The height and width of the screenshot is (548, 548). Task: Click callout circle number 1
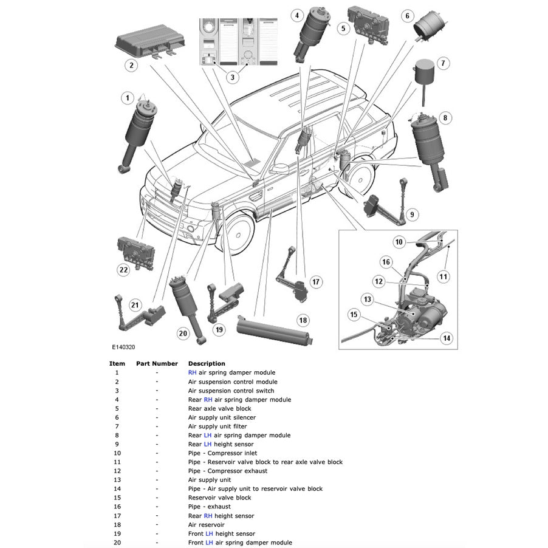(127, 98)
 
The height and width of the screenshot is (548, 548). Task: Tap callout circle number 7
(443, 63)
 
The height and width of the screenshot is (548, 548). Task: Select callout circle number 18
(303, 320)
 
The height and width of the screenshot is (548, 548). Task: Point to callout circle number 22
(125, 270)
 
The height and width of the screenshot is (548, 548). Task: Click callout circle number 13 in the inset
(367, 299)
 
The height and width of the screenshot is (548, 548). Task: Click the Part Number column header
(157, 364)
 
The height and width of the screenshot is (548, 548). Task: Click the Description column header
(207, 364)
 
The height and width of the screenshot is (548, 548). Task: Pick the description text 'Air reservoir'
(206, 525)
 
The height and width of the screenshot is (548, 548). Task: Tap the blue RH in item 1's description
(193, 372)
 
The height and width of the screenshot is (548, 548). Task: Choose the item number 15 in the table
(117, 498)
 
